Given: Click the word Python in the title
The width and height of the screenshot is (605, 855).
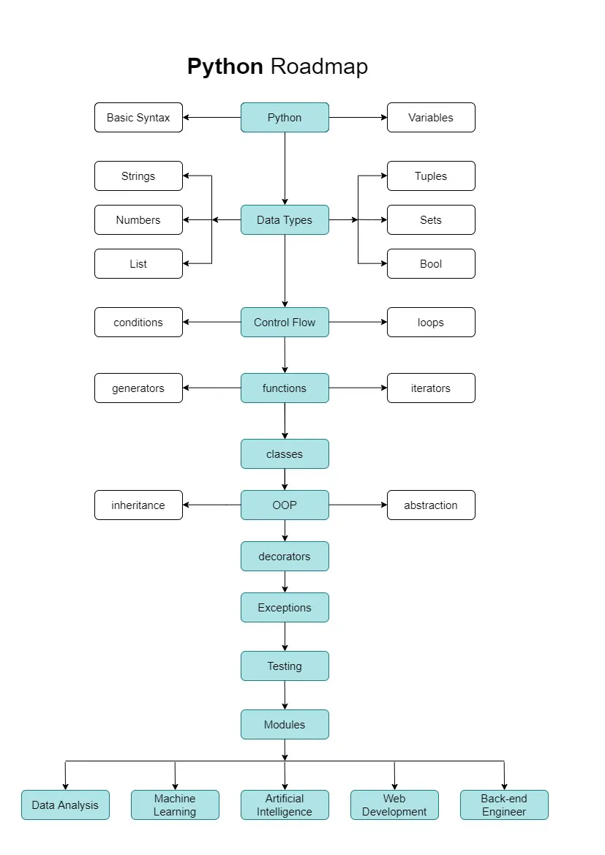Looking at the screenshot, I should tap(225, 67).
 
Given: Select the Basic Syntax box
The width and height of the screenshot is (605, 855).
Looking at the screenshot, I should tap(138, 118).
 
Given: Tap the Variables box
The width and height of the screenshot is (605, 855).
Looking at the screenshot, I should tap(431, 118).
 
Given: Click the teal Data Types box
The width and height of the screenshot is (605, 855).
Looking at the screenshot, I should tap(285, 220).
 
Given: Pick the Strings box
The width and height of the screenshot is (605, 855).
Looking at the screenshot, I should tap(138, 176).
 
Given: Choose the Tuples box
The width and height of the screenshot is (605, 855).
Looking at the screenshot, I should tap(431, 176).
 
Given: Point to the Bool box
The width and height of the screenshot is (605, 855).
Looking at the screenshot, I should tap(431, 264).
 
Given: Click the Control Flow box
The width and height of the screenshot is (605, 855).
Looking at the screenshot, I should tap(285, 323).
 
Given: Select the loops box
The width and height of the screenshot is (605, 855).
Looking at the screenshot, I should tap(431, 323).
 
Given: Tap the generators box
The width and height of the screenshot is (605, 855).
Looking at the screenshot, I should tap(138, 388).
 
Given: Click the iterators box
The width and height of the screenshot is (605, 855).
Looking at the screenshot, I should tap(431, 388).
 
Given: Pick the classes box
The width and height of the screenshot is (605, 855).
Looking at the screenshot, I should tap(285, 454).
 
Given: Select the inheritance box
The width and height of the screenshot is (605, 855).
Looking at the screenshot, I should tap(138, 505).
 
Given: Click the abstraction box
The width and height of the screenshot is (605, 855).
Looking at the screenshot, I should tap(431, 505).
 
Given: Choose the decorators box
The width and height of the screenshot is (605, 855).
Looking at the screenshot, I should tap(285, 557).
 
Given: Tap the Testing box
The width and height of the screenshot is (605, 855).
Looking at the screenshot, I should tap(285, 666).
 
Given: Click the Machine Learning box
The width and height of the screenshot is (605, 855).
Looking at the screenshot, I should tap(175, 805).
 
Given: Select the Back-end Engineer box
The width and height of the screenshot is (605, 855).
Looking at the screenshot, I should tap(504, 805).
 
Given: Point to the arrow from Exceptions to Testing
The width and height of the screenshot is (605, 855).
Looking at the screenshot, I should tap(285, 636).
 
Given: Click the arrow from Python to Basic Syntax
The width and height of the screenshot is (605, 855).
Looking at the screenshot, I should tap(212, 118).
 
